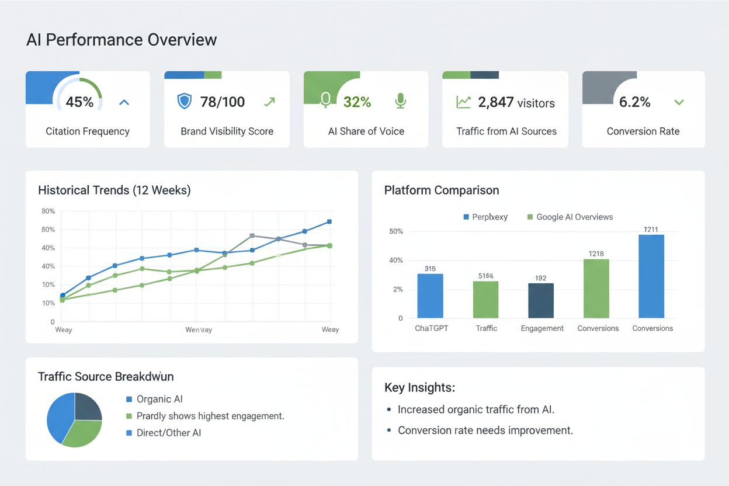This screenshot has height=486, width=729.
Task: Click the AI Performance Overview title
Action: [121, 40]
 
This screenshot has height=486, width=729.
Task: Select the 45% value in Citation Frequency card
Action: [79, 102]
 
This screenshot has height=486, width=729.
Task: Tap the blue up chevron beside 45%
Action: [124, 102]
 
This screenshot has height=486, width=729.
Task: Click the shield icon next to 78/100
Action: [184, 102]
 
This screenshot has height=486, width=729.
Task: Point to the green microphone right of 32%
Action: [400, 101]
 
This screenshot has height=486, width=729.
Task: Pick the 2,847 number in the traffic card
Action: [495, 103]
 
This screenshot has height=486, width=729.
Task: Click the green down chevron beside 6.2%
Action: [679, 102]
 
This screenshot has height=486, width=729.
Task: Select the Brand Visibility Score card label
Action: [227, 131]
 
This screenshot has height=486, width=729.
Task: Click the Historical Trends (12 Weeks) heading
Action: [114, 190]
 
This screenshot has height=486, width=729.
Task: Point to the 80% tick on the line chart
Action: [48, 211]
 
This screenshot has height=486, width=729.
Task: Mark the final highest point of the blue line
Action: [329, 221]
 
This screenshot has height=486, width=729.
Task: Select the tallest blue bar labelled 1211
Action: [651, 276]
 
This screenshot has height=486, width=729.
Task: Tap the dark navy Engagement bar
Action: [541, 300]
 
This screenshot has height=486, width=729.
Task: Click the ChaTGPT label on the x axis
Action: [431, 328]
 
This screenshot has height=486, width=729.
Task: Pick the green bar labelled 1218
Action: [596, 289]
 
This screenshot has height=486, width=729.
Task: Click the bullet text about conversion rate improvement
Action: [485, 431]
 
